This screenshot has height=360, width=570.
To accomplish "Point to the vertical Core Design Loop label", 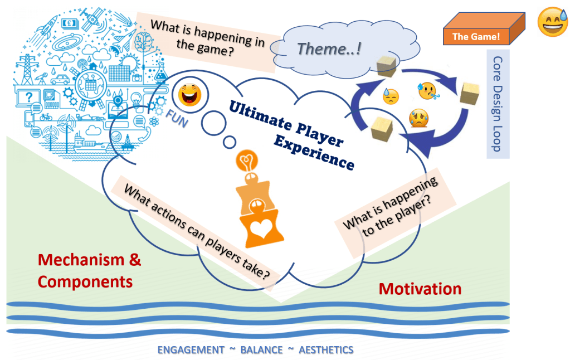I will (x=498, y=103).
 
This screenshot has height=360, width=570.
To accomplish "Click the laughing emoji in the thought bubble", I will (x=189, y=93).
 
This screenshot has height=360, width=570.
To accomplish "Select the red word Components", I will (x=85, y=281).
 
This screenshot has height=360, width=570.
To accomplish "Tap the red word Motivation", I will (x=420, y=289).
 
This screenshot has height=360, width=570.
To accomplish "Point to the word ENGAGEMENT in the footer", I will (x=191, y=350).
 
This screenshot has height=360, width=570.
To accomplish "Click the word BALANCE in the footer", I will (x=261, y=350).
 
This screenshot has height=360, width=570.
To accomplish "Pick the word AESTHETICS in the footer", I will (x=326, y=350).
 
